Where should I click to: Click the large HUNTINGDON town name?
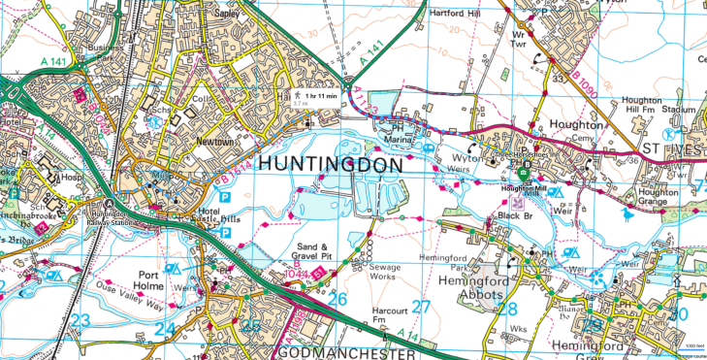tap(329, 166)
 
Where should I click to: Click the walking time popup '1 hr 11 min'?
tap(319, 95)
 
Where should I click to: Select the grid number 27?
tap(421, 308)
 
